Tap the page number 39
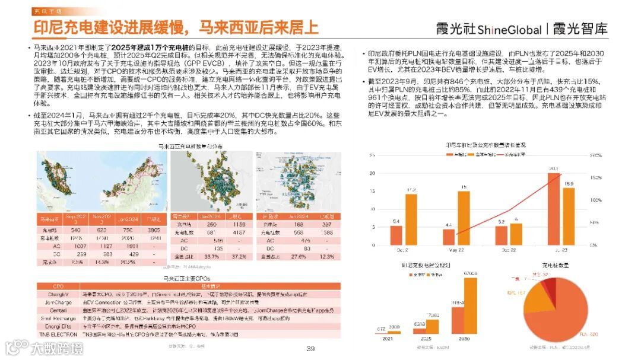tap(310, 348)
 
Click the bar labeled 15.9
tap(568, 217)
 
